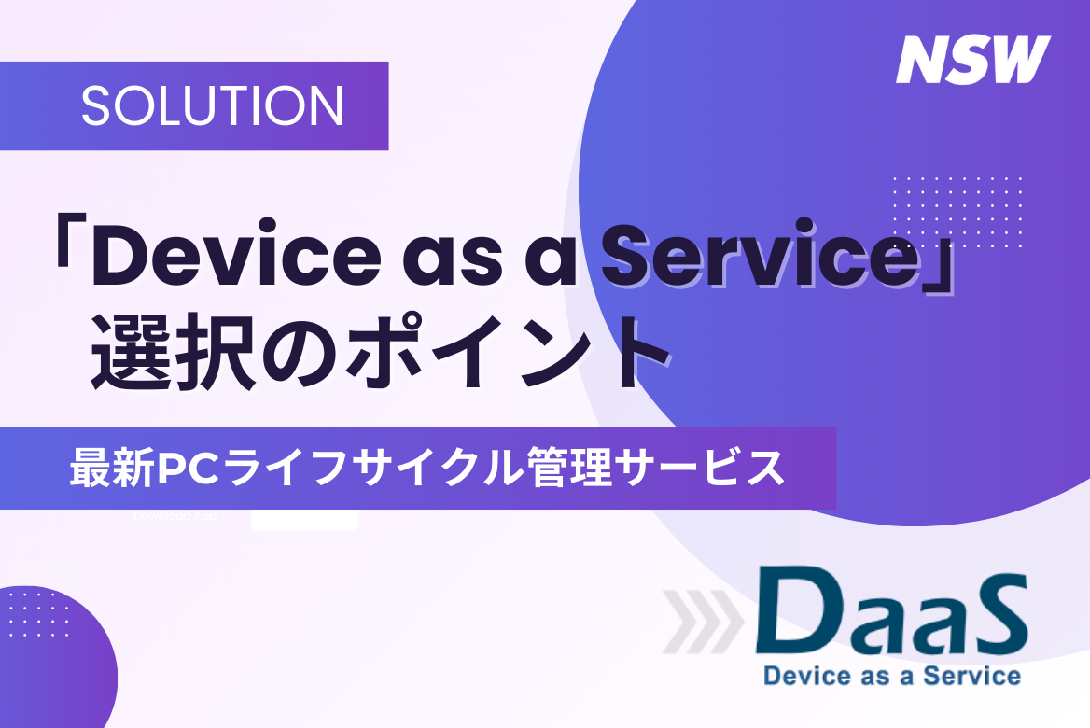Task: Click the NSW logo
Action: point(972,60)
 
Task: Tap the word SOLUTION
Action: point(213,106)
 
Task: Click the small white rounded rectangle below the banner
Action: point(304,521)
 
